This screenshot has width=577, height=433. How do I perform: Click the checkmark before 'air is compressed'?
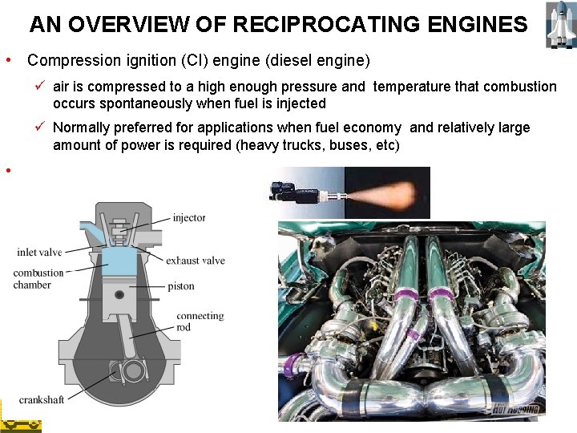click(x=42, y=86)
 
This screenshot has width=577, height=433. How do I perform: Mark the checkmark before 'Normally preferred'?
click(x=42, y=127)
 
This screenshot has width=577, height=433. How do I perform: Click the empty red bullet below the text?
click(x=7, y=170)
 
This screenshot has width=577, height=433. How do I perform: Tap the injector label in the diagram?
click(x=188, y=217)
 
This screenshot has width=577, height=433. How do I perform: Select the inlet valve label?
click(x=39, y=253)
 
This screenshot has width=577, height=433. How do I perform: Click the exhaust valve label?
click(x=196, y=261)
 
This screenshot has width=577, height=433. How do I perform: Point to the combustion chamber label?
click(x=37, y=279)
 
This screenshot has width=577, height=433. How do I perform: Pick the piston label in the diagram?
click(x=180, y=286)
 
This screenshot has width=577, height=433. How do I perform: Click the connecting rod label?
click(x=200, y=322)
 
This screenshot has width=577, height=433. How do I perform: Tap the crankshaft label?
click(x=42, y=399)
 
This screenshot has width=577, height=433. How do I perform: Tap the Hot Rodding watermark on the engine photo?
click(x=517, y=409)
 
